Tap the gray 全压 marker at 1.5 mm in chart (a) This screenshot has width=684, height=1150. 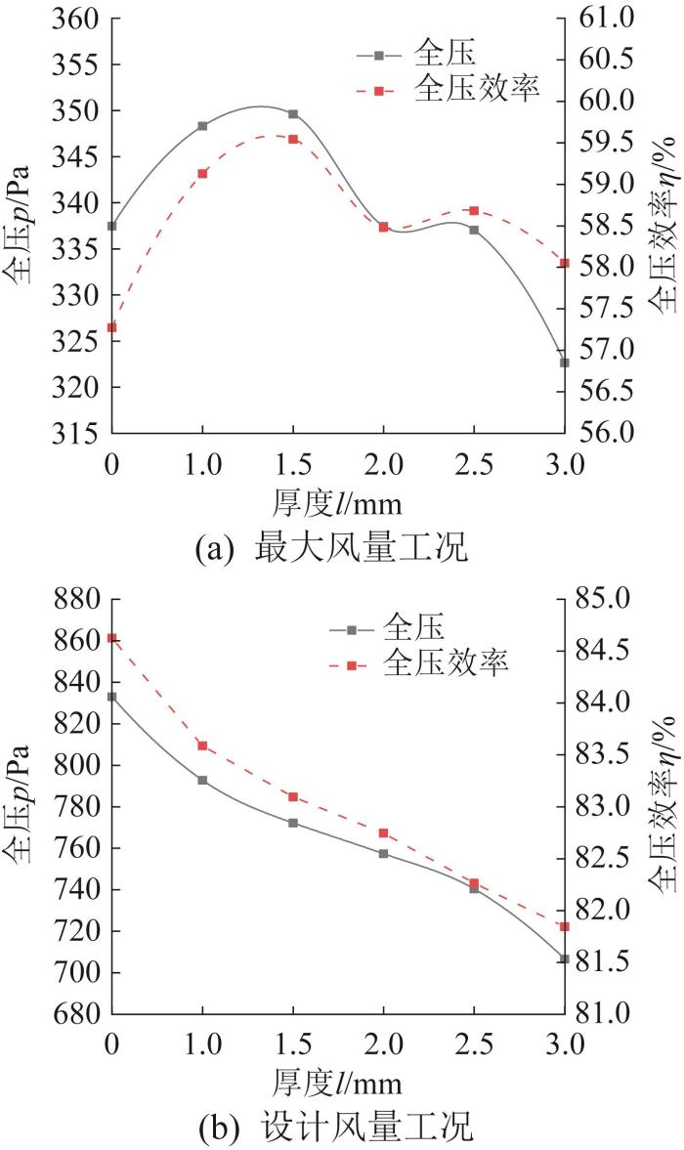coord(293,114)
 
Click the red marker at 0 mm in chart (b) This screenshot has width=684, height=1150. coord(112,638)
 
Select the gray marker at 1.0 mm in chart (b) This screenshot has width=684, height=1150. coord(202,780)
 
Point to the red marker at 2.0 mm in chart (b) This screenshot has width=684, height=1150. coord(383,832)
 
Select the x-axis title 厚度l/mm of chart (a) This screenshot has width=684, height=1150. coord(336,503)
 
